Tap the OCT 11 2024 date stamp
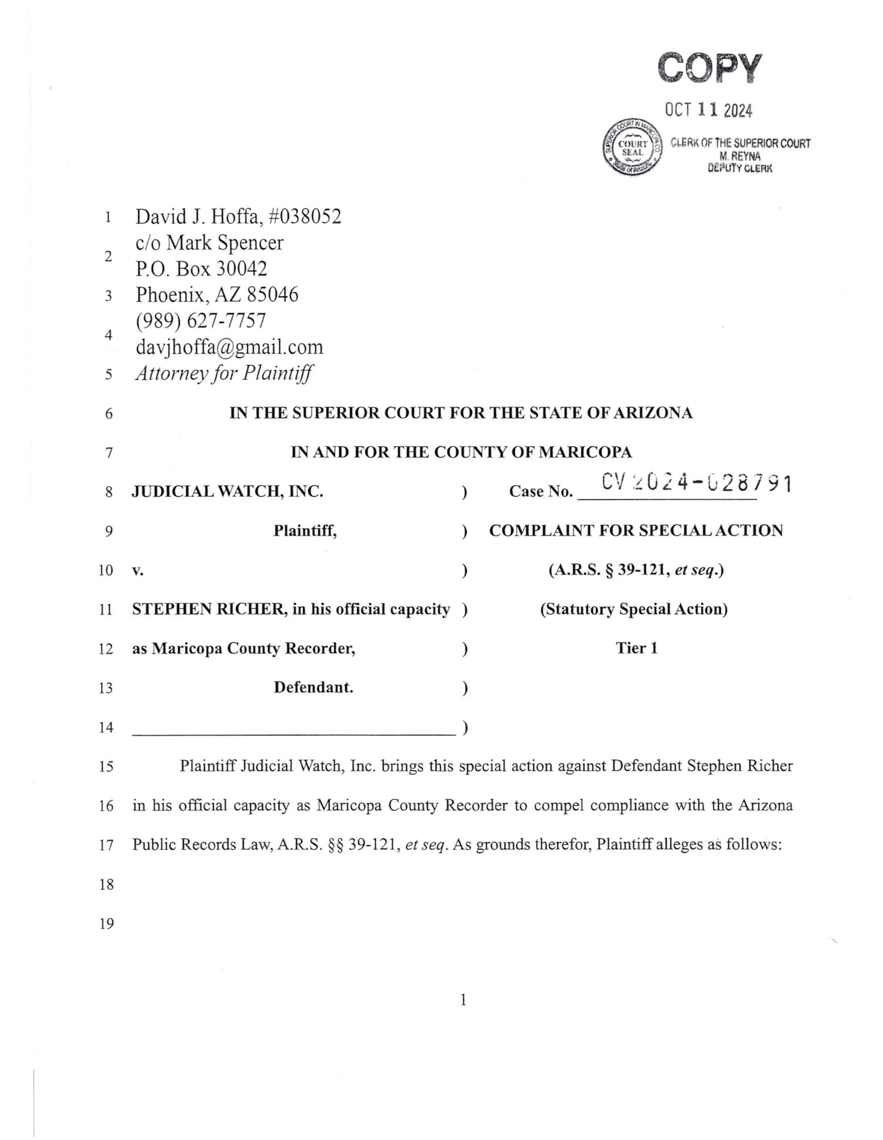(709, 110)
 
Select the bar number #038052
(304, 216)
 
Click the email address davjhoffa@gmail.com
(229, 347)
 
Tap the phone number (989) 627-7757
(200, 321)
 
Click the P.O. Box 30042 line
(201, 269)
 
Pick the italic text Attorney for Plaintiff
(224, 374)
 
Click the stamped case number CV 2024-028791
(696, 484)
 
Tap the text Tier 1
(636, 648)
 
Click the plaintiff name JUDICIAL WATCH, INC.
(227, 492)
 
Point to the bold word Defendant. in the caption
(313, 688)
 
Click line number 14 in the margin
(106, 727)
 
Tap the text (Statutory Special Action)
(634, 609)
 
